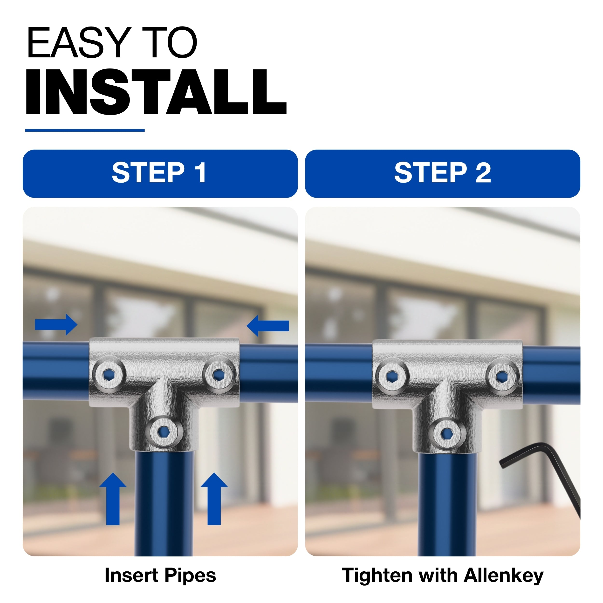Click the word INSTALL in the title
tap(156, 92)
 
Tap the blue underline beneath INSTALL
tap(85, 130)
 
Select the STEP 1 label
tap(159, 173)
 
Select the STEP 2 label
tap(443, 173)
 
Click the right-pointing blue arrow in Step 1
tap(56, 325)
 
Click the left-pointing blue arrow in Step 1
tap(268, 326)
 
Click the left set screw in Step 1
tap(108, 374)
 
